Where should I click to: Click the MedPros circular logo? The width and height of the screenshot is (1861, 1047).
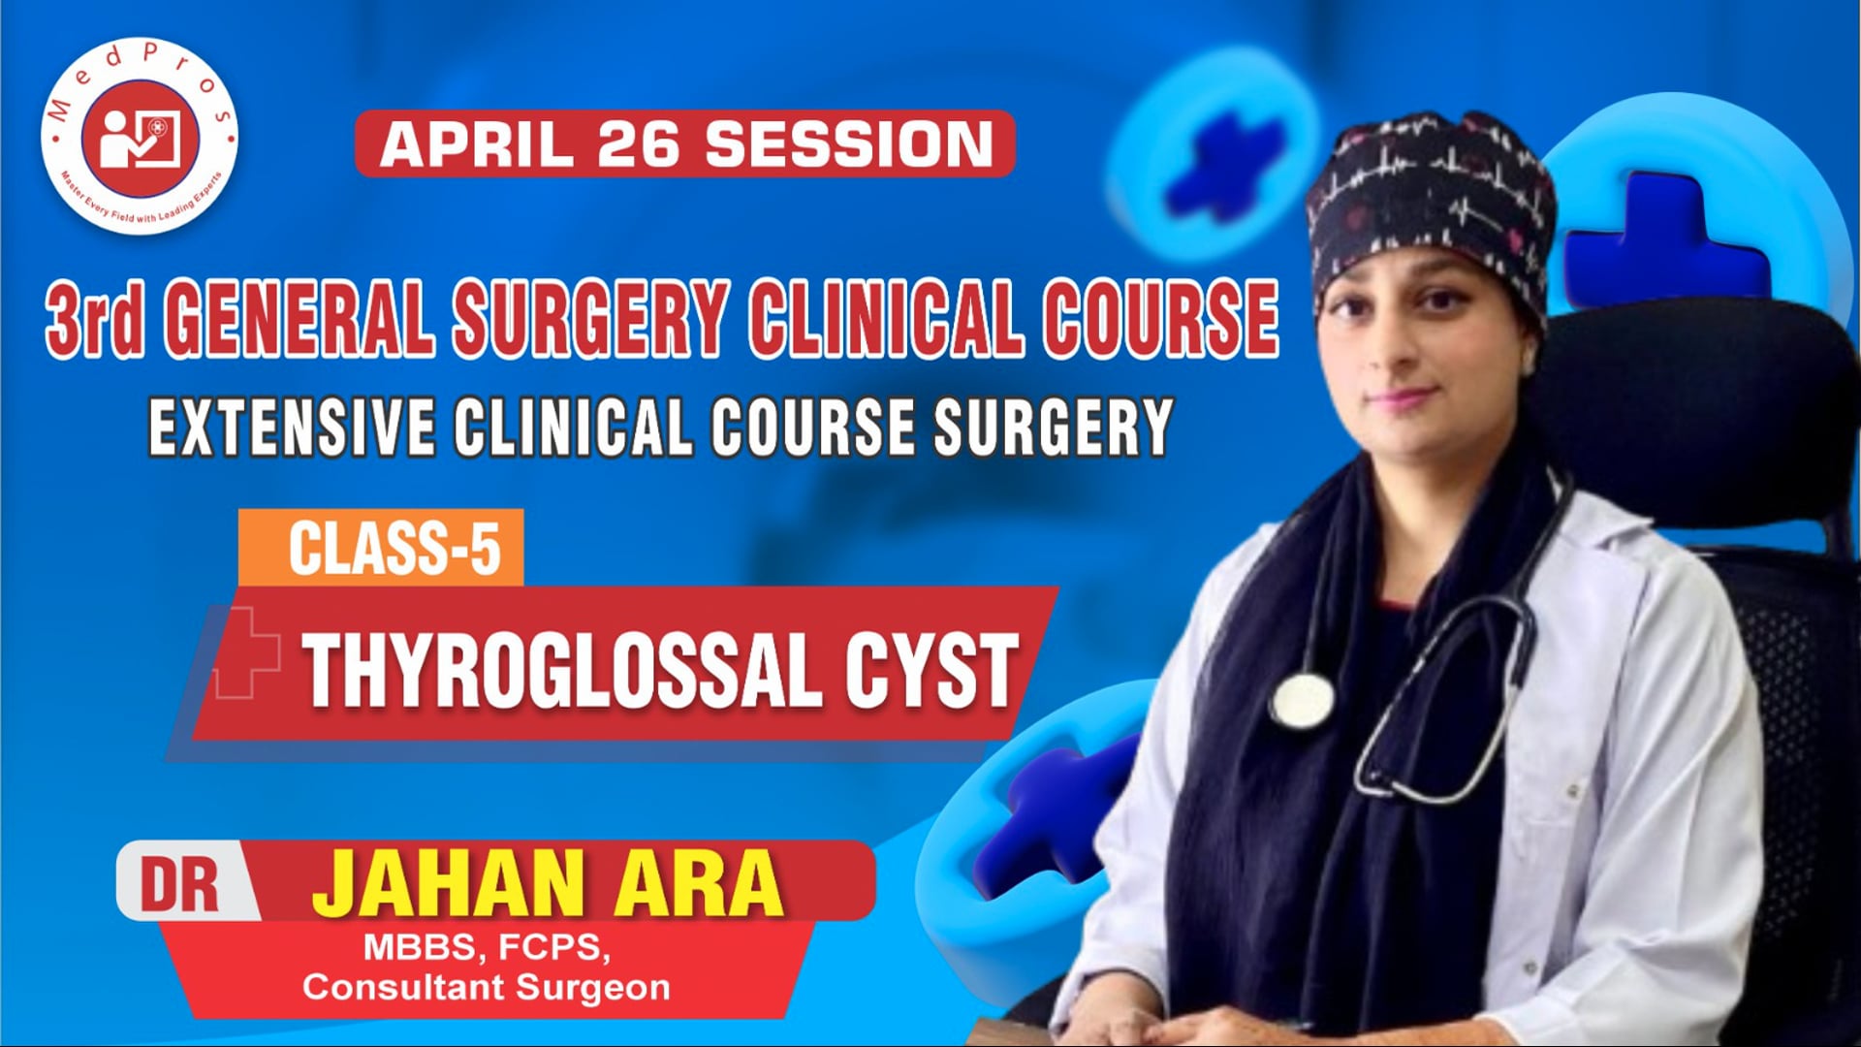pyautogui.click(x=139, y=138)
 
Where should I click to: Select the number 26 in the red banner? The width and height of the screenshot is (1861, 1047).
pyautogui.click(x=641, y=144)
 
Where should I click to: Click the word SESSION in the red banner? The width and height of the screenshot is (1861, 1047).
pyautogui.click(x=849, y=144)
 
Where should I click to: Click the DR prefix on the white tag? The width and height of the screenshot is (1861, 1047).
pyautogui.click(x=180, y=884)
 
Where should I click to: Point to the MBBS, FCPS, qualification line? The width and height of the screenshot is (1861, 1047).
pyautogui.click(x=487, y=947)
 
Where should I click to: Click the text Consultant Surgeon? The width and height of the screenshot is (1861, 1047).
pyautogui.click(x=487, y=988)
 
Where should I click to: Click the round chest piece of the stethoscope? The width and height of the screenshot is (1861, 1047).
pyautogui.click(x=1302, y=699)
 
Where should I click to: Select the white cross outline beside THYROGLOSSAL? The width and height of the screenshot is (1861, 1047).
pyautogui.click(x=247, y=651)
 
